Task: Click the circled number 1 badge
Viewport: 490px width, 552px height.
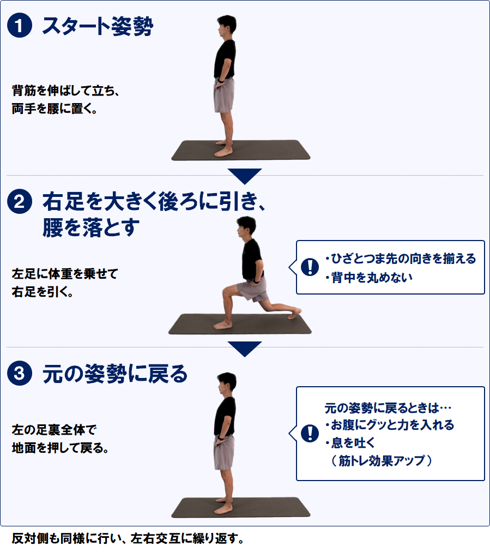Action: (20, 25)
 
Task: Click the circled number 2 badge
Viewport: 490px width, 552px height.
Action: (20, 201)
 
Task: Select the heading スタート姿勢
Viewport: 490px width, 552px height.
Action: (98, 26)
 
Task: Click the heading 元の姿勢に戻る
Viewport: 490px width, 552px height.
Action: (115, 374)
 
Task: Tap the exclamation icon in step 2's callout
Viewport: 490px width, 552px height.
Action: (310, 267)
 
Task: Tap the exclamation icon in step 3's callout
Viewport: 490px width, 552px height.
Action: (310, 433)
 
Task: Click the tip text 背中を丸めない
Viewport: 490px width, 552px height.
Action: (369, 278)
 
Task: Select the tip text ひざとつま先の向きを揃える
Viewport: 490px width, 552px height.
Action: (401, 259)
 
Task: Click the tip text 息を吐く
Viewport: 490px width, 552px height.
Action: (350, 442)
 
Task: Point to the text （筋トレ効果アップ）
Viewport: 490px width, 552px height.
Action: (382, 460)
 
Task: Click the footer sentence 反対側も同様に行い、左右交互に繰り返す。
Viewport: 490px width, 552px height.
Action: (128, 538)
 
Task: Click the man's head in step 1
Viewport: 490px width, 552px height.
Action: (226, 25)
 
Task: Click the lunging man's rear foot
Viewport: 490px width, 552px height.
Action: (294, 313)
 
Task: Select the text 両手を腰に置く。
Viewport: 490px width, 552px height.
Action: (55, 109)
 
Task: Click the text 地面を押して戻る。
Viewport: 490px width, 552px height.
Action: (60, 448)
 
